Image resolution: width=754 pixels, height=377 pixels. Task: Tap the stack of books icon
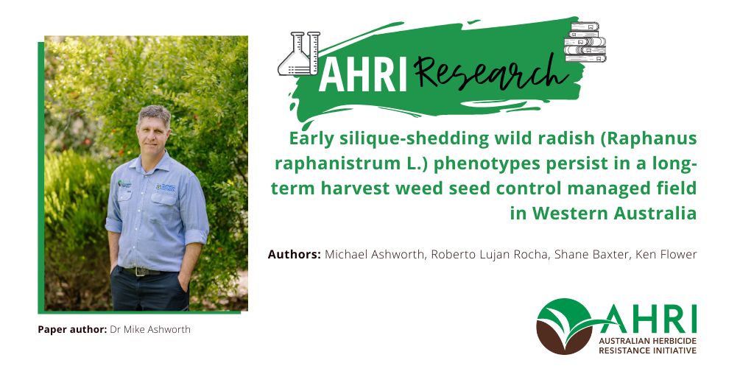(584, 42)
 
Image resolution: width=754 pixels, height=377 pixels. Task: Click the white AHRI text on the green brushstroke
(363, 77)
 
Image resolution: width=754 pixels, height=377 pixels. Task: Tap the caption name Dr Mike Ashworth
(150, 329)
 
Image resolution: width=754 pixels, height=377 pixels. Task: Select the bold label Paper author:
(72, 329)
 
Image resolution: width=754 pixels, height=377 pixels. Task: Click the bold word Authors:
(294, 254)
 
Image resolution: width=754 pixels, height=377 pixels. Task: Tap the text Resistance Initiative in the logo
(648, 350)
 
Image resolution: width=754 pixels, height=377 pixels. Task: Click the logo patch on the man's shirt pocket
(166, 187)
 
